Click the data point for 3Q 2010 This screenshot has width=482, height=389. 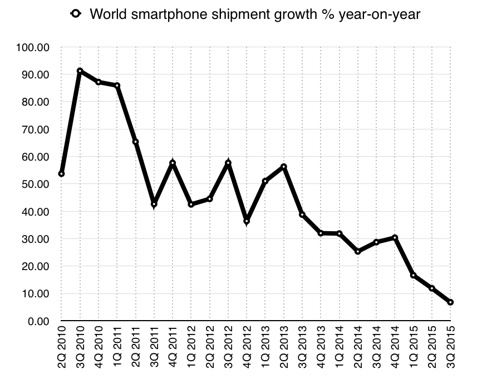coord(80,71)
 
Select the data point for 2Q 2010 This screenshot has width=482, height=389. coord(61,174)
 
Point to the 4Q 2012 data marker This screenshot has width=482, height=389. coord(247,221)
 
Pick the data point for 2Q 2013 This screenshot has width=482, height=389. coord(284,167)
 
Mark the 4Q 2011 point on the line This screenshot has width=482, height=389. coord(173,163)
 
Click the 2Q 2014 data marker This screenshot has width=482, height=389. coord(358,252)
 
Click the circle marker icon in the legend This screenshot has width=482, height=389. coord(76,14)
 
